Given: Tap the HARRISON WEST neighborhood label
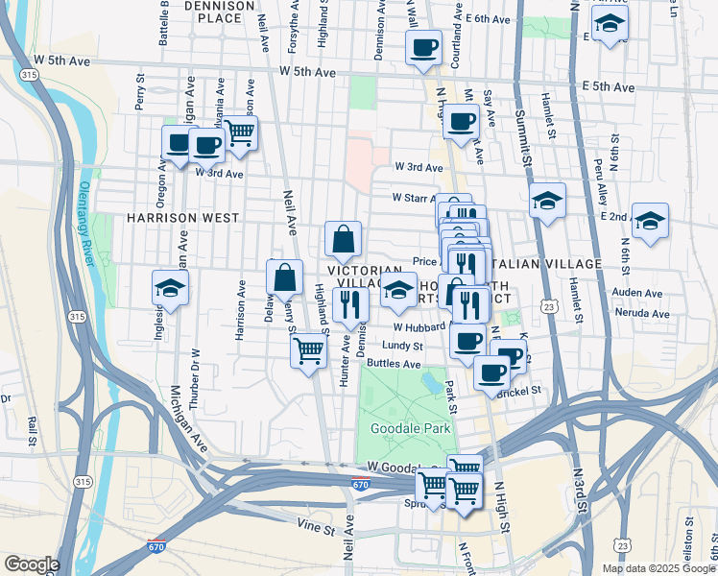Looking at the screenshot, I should coord(182,218).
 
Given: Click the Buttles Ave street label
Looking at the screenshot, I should coord(394,365).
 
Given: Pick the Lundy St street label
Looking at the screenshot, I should coord(401,346).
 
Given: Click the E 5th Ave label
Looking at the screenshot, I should coord(609,87).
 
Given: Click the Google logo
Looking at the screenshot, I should coord(31,564).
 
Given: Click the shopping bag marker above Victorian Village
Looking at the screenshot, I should coord(343,240).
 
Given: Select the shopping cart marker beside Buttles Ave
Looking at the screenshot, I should coord(308,351).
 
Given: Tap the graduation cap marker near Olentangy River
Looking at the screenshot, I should coord(170,288).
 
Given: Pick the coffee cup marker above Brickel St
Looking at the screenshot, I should coord(491,372).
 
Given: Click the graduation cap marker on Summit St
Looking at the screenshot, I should coord(548,201).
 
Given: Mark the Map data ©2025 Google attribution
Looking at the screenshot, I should coord(658,568).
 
